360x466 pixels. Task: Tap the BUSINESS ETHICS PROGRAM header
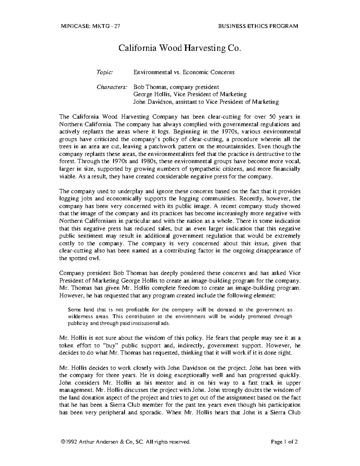(258, 26)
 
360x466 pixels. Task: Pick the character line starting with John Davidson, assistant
(206, 102)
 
